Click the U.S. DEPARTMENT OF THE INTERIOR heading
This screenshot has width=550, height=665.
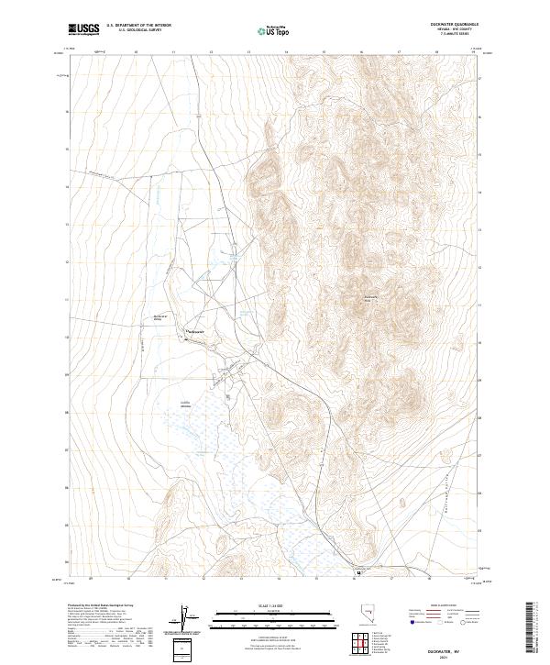pos(138,26)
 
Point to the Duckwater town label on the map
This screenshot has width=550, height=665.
pos(197,331)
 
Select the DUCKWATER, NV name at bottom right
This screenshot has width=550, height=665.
pos(465,648)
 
